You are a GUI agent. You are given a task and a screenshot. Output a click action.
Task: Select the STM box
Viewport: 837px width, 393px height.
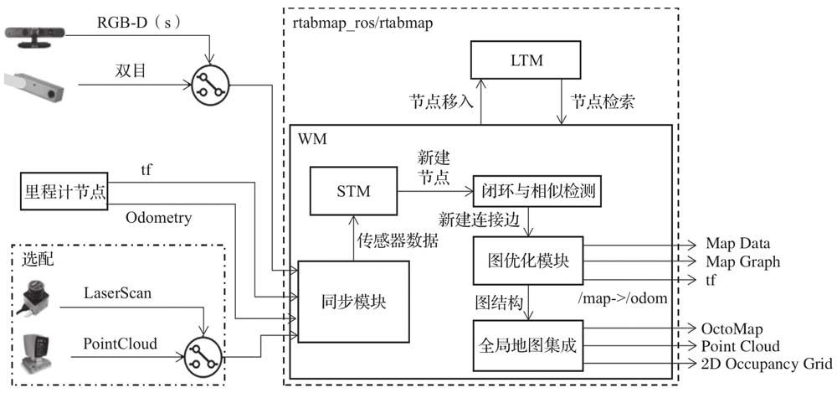(x=352, y=192)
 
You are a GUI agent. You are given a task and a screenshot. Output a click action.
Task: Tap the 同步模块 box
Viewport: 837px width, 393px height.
(x=354, y=302)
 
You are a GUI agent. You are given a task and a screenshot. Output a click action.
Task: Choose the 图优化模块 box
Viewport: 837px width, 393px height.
(x=528, y=260)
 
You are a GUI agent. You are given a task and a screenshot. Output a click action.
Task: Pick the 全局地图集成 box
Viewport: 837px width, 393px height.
(x=528, y=344)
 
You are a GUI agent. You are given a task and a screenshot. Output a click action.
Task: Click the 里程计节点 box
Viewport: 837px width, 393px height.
(x=64, y=192)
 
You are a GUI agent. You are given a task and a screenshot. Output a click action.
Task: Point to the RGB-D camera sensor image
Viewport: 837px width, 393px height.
(x=37, y=34)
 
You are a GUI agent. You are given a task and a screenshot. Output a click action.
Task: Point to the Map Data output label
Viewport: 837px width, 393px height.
(x=737, y=245)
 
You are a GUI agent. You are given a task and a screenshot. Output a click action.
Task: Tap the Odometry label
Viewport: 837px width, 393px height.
(x=159, y=218)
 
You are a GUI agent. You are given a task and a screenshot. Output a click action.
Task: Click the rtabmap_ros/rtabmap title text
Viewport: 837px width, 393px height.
(x=362, y=23)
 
